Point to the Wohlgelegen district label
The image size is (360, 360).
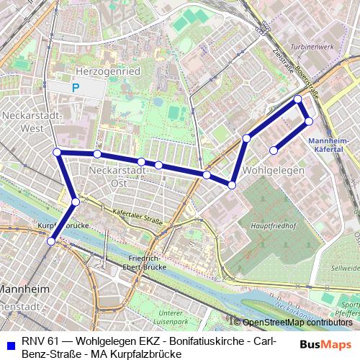click(x=274, y=170)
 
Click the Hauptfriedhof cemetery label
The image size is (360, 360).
click(x=266, y=225)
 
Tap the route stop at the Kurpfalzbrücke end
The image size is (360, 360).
click(x=50, y=242)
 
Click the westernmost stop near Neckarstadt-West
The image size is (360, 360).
click(x=57, y=152)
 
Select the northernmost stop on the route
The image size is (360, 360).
click(x=298, y=99)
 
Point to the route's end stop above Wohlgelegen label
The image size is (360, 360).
click(x=274, y=150)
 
